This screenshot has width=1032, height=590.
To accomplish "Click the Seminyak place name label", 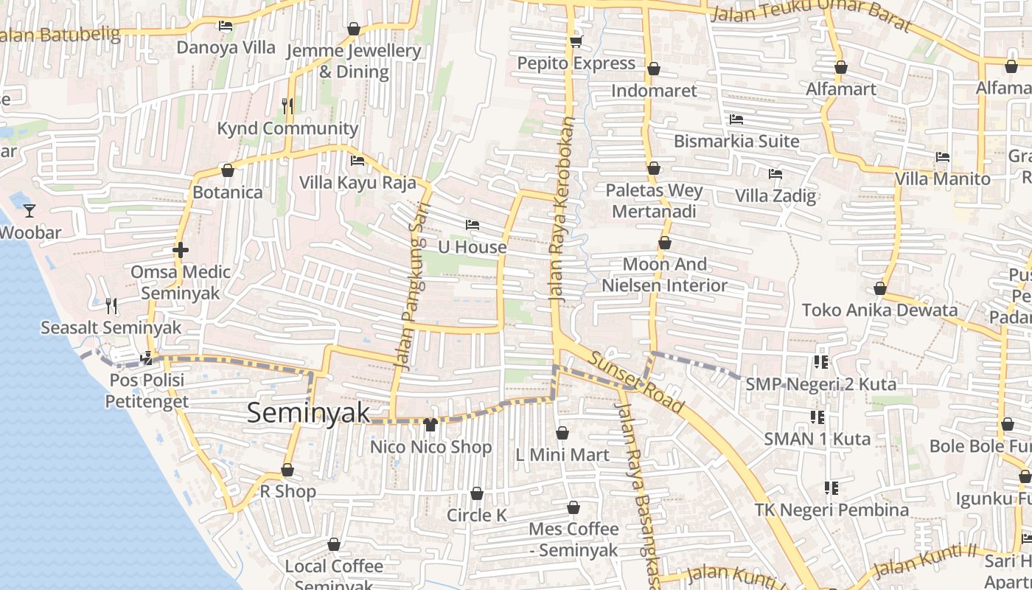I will pyautogui.click(x=308, y=413).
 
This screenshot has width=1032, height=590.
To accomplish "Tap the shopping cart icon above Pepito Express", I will pyautogui.click(x=576, y=41).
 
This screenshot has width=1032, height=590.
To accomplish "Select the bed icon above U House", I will pyautogui.click(x=473, y=224).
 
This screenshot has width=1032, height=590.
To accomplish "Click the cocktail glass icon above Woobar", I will pyautogui.click(x=29, y=211).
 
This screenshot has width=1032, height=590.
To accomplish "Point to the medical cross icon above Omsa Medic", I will pyautogui.click(x=181, y=251).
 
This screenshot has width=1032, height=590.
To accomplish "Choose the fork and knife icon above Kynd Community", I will pyautogui.click(x=287, y=105).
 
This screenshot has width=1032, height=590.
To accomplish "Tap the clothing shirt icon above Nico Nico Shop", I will pyautogui.click(x=430, y=425).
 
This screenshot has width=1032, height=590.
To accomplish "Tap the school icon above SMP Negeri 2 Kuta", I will pyautogui.click(x=820, y=362).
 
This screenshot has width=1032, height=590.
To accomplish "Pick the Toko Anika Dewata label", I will pyautogui.click(x=879, y=310).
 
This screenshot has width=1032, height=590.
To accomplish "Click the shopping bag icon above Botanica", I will pyautogui.click(x=228, y=171).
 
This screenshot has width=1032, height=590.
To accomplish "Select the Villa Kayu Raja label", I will pyautogui.click(x=358, y=182).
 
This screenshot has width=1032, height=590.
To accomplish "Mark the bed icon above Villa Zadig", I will pyautogui.click(x=775, y=174).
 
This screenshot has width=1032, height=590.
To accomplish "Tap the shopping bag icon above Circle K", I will pyautogui.click(x=477, y=493).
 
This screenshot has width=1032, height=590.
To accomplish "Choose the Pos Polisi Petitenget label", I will pyautogui.click(x=146, y=391).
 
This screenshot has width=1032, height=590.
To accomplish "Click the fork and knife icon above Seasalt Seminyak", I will pyautogui.click(x=111, y=305).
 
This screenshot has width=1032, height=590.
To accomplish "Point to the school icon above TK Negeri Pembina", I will pyautogui.click(x=831, y=488).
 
